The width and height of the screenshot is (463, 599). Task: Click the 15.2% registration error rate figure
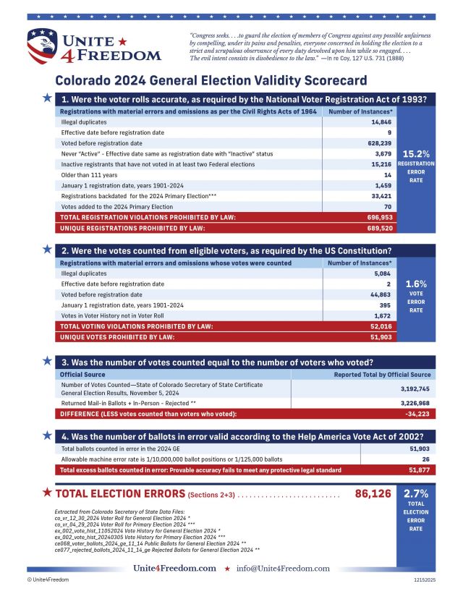click(x=417, y=154)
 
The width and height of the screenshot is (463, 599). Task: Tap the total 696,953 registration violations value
click(x=375, y=217)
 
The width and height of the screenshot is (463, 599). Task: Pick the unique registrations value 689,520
click(x=375, y=228)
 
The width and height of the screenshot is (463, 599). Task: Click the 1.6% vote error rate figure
click(x=417, y=284)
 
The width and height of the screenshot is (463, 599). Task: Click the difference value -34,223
click(x=417, y=413)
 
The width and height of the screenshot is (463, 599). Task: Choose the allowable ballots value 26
click(x=425, y=459)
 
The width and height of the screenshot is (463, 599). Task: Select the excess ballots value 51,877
click(x=419, y=470)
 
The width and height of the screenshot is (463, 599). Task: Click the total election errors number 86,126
click(x=373, y=494)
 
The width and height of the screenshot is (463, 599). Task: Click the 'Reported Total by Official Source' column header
click(x=382, y=375)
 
